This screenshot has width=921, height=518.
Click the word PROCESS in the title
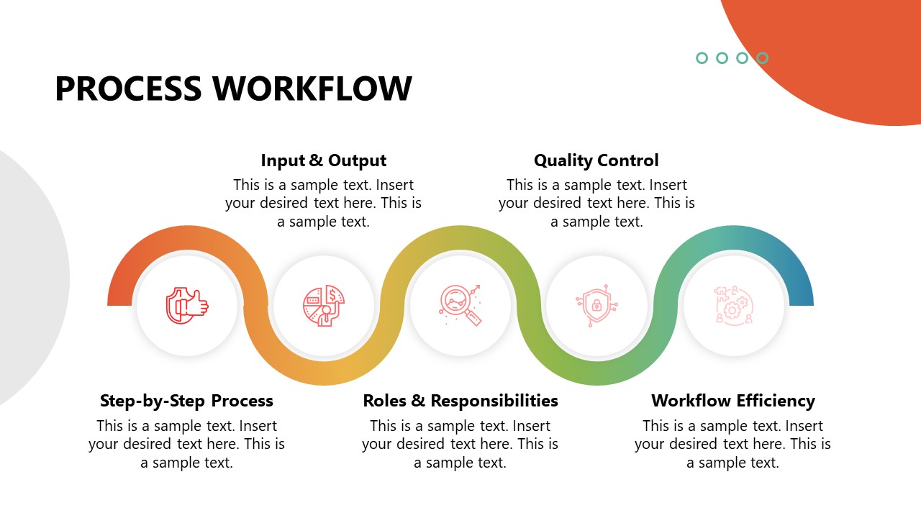pos(128,88)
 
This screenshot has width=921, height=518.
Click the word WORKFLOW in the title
pos(312,88)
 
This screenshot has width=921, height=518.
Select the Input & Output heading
pos(323,160)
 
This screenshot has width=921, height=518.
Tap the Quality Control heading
pos(596,160)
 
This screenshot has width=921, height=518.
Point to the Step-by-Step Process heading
pos(186,401)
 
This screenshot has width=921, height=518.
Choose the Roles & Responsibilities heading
pos(460,401)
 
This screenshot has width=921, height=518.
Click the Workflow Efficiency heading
pos(732,401)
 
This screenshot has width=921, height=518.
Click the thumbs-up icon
pos(186,306)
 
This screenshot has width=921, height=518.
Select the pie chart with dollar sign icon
pos(323,306)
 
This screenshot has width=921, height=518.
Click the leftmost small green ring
pos(702,58)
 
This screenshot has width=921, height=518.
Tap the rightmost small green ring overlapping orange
pos(762,58)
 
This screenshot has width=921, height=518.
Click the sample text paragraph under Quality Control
pos(596,203)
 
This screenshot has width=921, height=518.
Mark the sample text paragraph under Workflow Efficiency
pos(732,444)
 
